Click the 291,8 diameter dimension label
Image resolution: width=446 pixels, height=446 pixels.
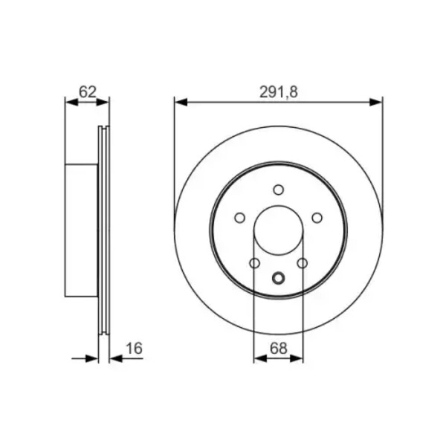click(279, 92)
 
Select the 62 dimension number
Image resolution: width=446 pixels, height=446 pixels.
click(88, 92)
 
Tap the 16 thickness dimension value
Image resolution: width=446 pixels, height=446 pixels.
click(134, 349)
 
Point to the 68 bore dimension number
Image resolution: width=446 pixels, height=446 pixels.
click(279, 348)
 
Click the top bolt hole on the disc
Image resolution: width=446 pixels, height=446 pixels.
click(279, 190)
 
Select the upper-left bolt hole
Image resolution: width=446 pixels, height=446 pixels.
click(240, 218)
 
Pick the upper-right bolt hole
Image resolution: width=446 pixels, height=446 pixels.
click(317, 218)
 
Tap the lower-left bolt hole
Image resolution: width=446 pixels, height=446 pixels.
click(254, 263)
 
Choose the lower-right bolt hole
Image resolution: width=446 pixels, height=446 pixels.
click(303, 263)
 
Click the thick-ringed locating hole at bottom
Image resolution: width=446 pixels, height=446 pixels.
click(278, 278)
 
